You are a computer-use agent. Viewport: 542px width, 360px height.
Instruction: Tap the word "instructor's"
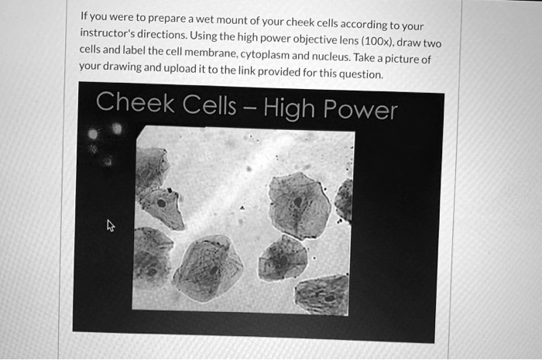(110, 35)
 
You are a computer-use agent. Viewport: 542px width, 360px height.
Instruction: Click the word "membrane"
(214, 53)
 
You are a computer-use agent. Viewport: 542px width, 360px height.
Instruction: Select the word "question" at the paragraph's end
(361, 75)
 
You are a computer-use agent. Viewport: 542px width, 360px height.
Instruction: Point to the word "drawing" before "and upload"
(129, 67)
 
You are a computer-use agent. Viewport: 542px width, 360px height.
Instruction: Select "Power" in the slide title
(362, 109)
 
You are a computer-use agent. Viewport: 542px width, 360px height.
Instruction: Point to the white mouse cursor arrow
(110, 226)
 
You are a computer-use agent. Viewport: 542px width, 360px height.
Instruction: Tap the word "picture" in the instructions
(408, 60)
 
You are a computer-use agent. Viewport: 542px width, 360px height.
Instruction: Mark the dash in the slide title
(249, 107)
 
